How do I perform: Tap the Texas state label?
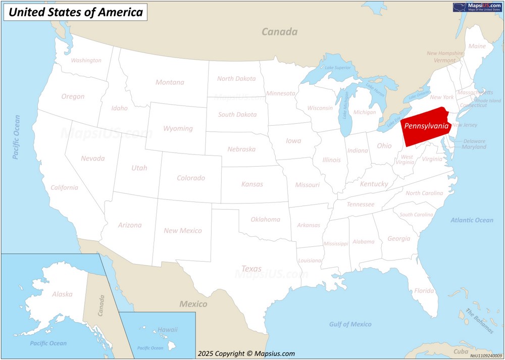coord(251,269)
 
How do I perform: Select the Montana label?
coord(170,82)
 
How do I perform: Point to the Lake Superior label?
coord(337,68)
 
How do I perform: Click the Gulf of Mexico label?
coord(350,324)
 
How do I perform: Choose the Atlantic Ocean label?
coord(472,220)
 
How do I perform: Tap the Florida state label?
coord(424,291)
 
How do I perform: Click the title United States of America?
coord(76,12)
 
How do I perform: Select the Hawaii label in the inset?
coord(168,330)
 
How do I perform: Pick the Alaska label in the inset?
coord(62,294)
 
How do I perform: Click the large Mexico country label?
coord(193,304)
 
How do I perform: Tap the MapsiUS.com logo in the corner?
coord(477,7)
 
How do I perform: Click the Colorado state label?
coord(191,178)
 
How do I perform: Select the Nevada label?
coord(93,159)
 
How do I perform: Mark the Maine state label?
coord(477,46)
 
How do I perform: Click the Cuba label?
coord(461,351)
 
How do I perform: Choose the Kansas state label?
coord(252,184)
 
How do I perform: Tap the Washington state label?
coord(86,61)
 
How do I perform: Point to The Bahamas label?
coord(479,321)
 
